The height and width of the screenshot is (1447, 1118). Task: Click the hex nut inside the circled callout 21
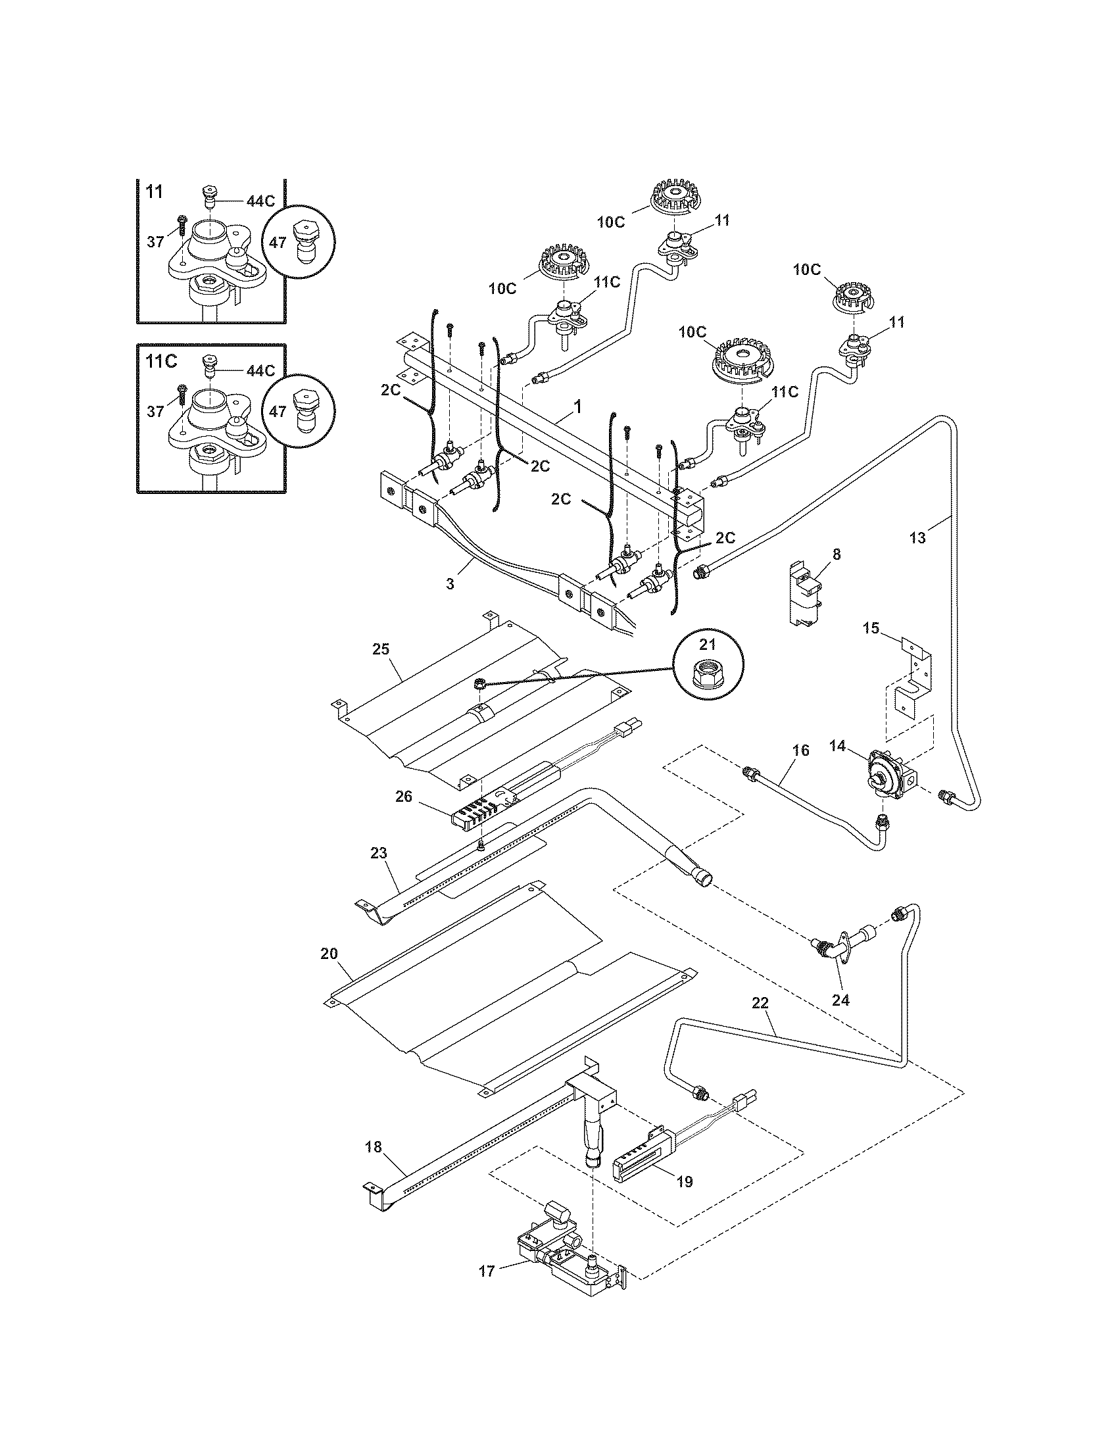point(708,675)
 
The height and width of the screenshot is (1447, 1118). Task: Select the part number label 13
point(917,538)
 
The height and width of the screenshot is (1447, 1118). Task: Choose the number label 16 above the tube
point(801,750)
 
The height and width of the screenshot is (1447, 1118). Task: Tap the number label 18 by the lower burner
point(374,1147)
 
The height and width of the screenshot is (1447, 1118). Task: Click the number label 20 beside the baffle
point(329,954)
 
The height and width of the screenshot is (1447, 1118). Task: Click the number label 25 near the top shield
point(381,649)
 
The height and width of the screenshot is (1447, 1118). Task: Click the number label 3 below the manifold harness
point(450,584)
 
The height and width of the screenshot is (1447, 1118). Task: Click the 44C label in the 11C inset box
point(260,370)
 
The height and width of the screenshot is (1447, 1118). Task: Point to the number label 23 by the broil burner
point(378,852)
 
